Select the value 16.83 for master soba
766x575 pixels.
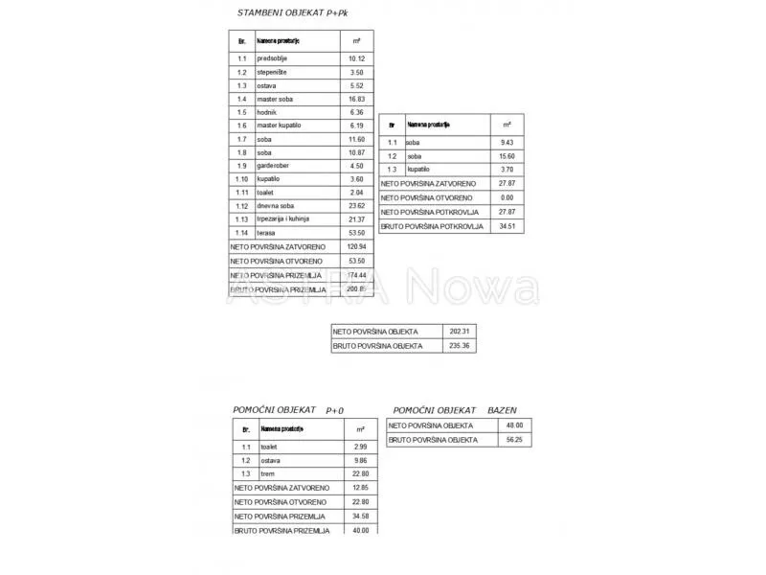click(x=356, y=99)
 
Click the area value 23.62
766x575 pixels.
click(x=356, y=206)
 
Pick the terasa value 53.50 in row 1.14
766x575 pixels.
click(x=356, y=233)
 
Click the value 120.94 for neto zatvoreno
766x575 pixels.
click(x=356, y=246)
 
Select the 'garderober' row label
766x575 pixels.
click(x=274, y=166)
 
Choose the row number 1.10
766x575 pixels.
click(x=242, y=179)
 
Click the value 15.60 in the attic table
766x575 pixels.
click(x=507, y=156)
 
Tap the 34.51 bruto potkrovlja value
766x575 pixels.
click(x=507, y=227)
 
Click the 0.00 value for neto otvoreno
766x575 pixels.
click(x=507, y=196)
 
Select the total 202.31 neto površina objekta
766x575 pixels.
click(x=460, y=332)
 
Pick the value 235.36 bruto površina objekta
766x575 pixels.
click(x=460, y=345)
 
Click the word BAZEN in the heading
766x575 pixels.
click(x=502, y=409)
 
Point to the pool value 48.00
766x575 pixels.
click(x=514, y=425)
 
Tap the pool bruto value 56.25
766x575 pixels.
click(x=514, y=440)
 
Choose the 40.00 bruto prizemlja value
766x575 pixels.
click(x=359, y=530)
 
